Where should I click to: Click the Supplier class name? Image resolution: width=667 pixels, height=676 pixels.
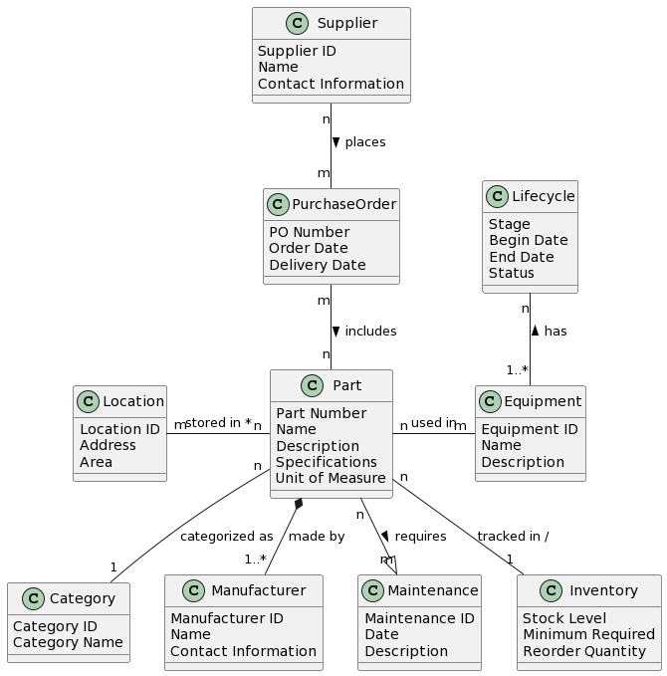(346, 23)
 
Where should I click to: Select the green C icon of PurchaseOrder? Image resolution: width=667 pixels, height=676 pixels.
(280, 204)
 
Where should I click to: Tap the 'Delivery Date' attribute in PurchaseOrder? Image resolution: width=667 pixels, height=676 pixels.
(317, 265)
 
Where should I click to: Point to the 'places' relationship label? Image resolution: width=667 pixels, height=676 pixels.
(364, 142)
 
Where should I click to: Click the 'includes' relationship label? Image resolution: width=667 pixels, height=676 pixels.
(370, 331)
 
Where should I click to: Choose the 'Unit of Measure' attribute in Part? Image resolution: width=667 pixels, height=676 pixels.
(331, 479)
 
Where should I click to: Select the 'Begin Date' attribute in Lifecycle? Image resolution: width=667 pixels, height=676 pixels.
(528, 240)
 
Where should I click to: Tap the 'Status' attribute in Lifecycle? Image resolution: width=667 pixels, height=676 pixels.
(511, 273)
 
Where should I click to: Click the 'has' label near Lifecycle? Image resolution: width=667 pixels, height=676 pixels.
(555, 331)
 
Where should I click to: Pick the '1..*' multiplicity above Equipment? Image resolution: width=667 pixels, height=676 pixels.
(517, 370)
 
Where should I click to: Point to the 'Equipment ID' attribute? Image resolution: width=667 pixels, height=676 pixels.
(529, 429)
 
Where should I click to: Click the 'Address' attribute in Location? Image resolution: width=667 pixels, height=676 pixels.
(108, 445)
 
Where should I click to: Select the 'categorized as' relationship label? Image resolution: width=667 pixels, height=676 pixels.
(226, 537)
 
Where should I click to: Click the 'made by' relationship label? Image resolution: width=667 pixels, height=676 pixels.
(316, 537)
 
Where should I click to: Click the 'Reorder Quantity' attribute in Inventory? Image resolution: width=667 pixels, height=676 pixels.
(588, 651)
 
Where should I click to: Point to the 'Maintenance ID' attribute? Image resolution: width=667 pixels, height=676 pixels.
(419, 618)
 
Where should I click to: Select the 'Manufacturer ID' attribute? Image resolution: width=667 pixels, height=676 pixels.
(226, 618)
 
